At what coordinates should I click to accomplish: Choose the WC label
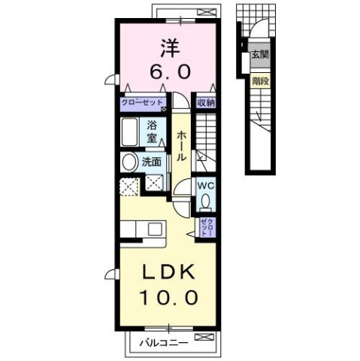tap(205, 186)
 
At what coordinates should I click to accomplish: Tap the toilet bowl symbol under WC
tap(205, 202)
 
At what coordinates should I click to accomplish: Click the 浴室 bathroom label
tap(152, 132)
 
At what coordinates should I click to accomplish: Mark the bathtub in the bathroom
tap(130, 132)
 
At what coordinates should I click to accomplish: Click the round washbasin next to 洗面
tap(129, 161)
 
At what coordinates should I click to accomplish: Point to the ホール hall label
tap(183, 147)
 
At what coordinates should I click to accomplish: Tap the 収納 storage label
tap(206, 103)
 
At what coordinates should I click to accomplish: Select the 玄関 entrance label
tap(260, 54)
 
